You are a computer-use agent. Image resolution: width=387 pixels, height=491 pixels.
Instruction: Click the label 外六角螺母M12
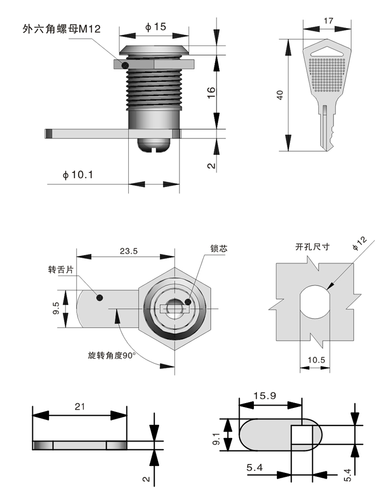coord(61,28)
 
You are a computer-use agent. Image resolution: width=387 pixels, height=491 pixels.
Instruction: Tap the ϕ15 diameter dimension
coord(155,27)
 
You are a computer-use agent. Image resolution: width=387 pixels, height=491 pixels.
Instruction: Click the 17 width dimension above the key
coord(329,21)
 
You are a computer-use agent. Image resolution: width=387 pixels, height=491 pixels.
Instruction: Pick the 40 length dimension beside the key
coord(280,95)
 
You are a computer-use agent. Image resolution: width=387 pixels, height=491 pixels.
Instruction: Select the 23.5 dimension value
coord(128,250)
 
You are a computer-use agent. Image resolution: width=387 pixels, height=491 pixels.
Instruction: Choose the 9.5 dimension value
coord(56,309)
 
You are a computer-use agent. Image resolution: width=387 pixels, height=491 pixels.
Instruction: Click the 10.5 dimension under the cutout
coord(316,360)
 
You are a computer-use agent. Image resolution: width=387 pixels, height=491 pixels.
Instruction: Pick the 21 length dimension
coord(79,406)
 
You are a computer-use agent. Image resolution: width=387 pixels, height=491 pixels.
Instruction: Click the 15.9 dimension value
coord(264,396)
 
